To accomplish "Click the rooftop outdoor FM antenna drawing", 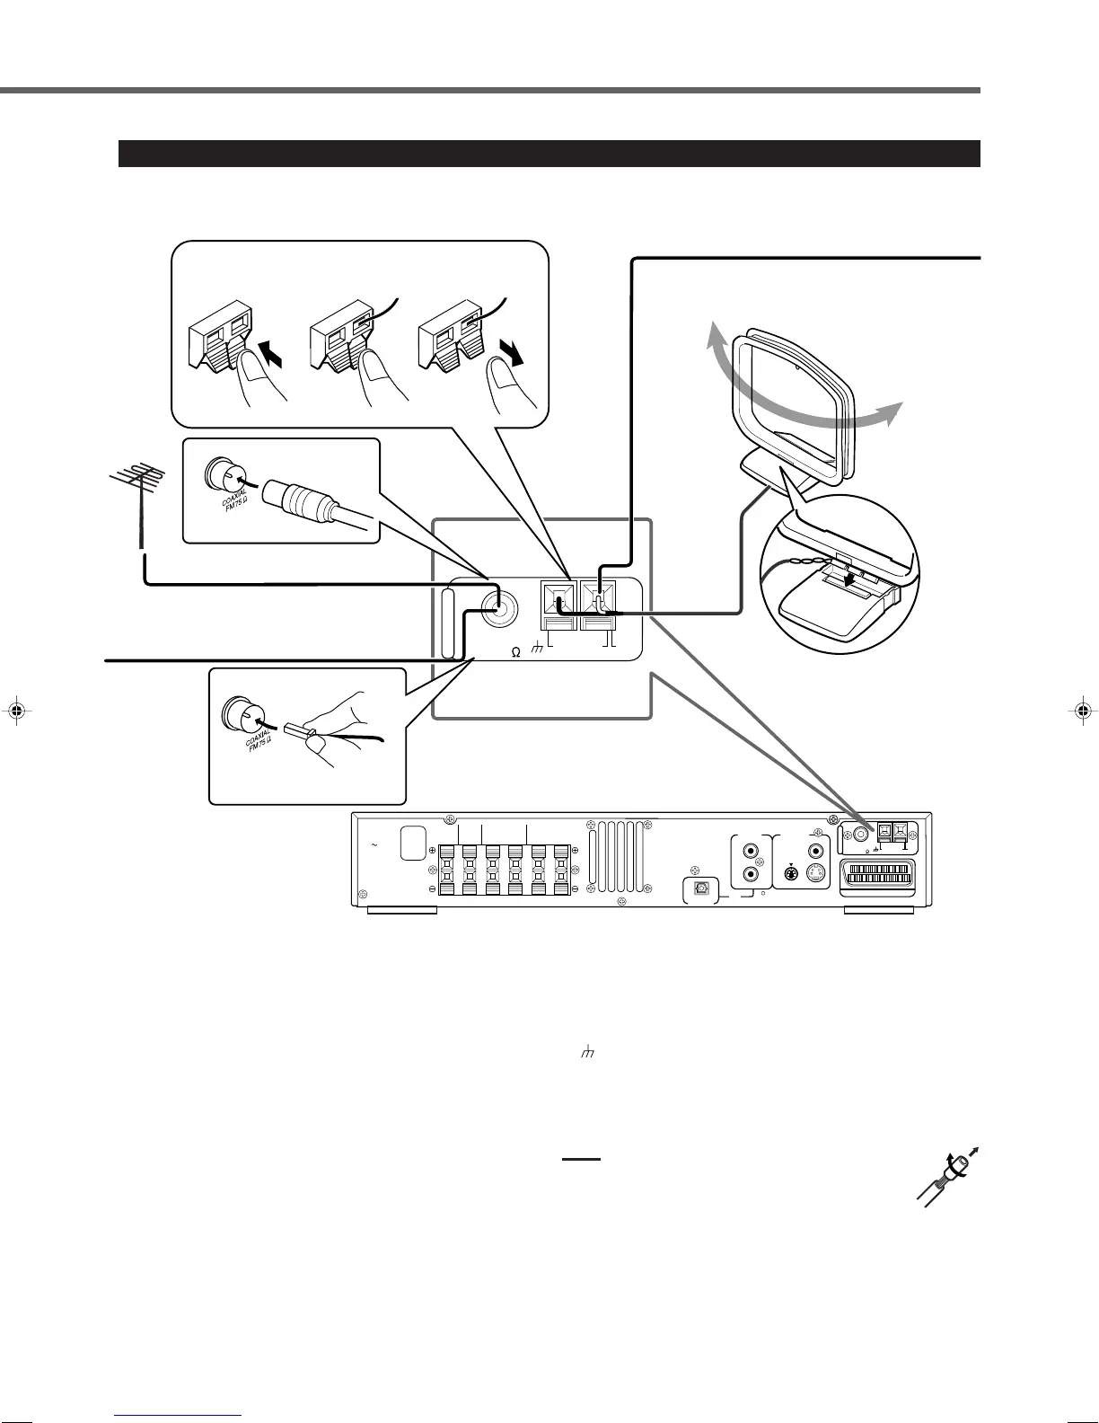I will click(136, 484).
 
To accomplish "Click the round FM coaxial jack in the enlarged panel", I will click(498, 609).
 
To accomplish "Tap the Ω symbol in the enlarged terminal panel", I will click(515, 652).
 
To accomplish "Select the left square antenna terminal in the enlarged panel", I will click(557, 597).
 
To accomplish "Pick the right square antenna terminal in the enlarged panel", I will click(596, 597).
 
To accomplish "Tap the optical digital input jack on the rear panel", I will click(699, 887).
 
